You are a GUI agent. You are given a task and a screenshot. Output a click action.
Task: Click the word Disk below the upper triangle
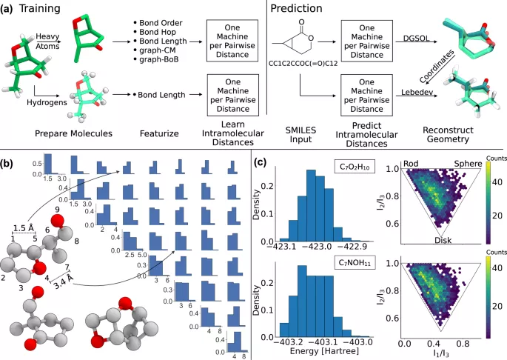tap(443, 241)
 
